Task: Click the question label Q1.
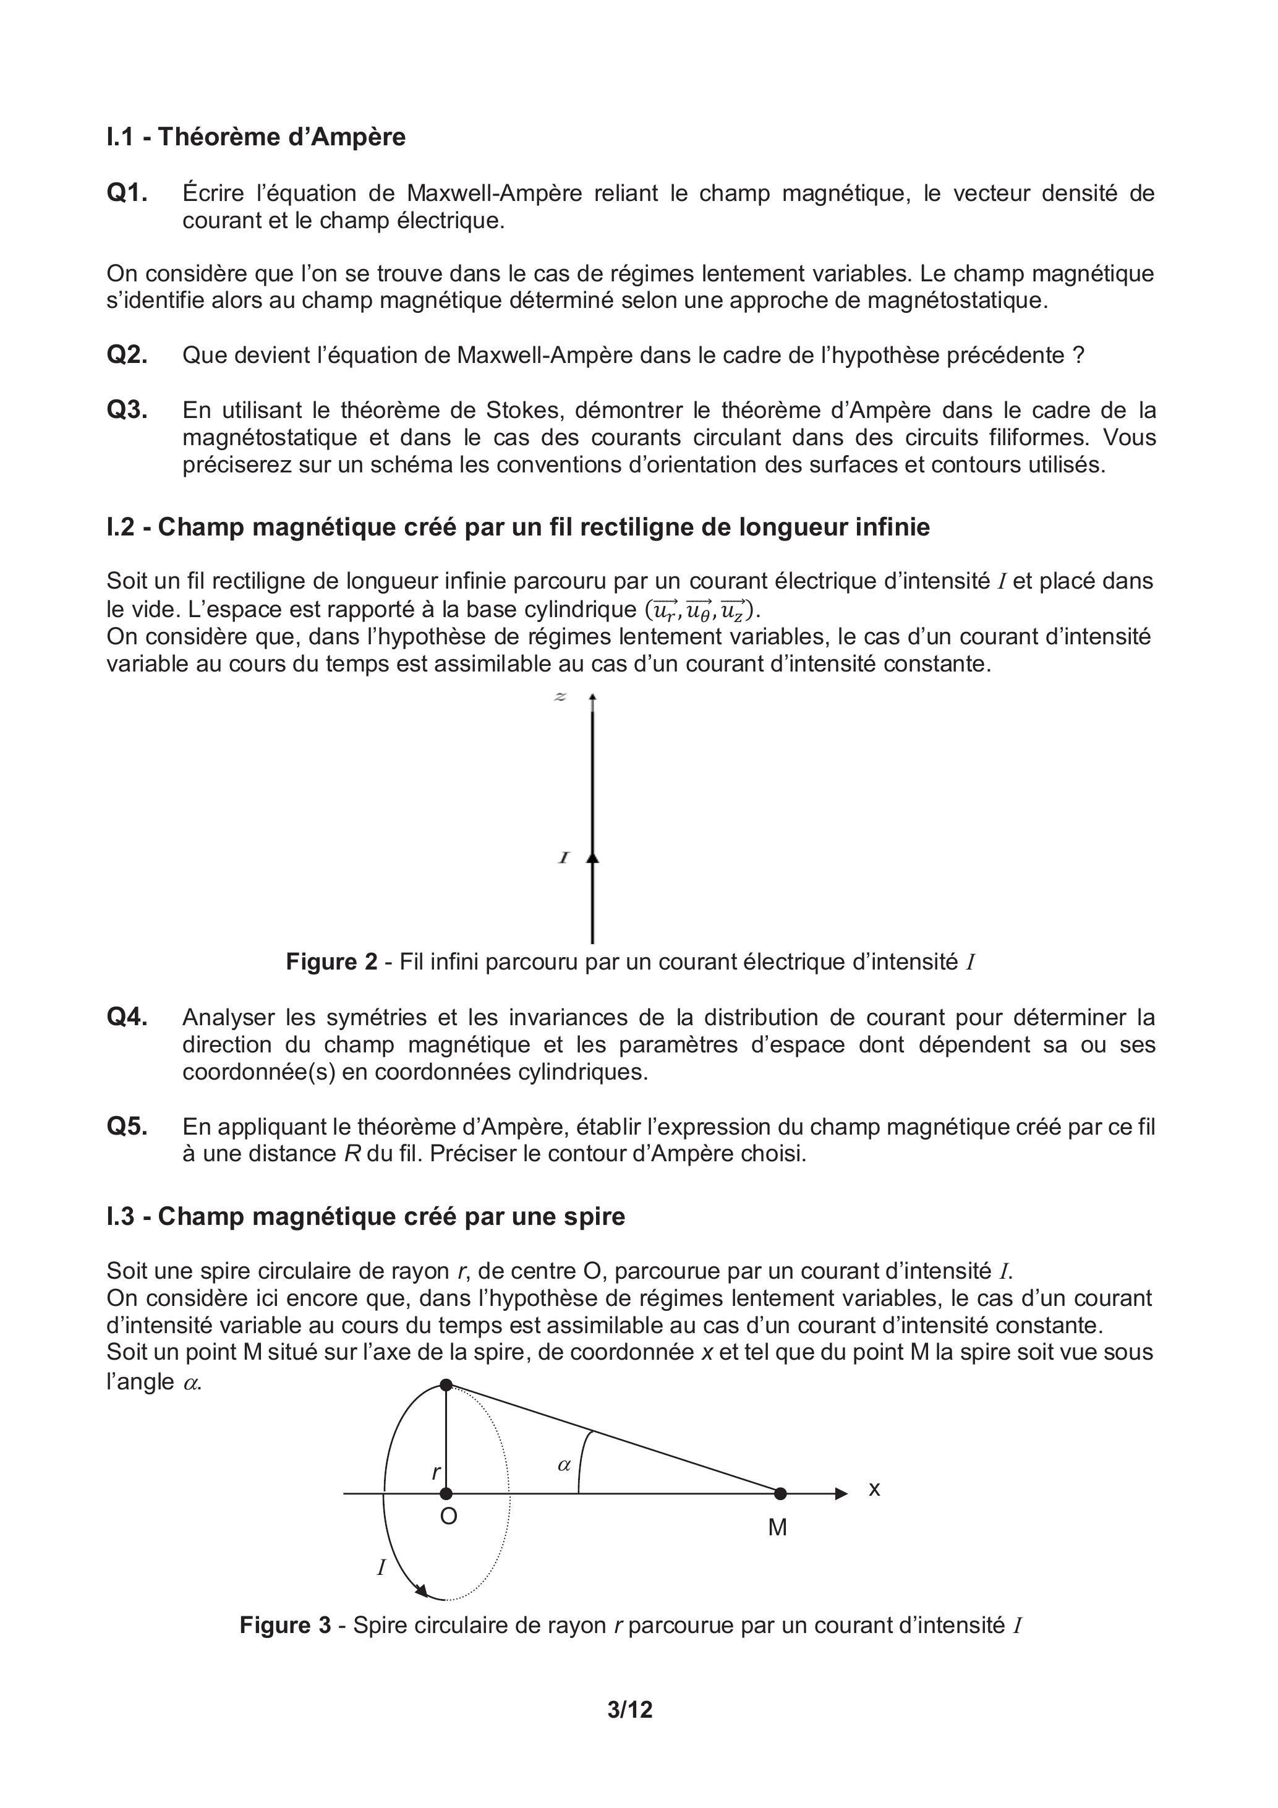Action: click(x=127, y=193)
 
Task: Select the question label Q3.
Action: click(x=127, y=411)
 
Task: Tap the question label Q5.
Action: click(x=127, y=1127)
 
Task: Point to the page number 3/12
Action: click(x=630, y=1710)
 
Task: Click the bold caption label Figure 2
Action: click(x=331, y=962)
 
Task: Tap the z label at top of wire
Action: click(x=561, y=697)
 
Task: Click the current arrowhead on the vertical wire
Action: click(x=593, y=858)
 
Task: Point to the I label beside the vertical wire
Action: click(x=564, y=858)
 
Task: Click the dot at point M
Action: click(x=780, y=1493)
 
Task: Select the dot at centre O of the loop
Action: click(x=446, y=1493)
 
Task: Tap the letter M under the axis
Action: click(x=777, y=1528)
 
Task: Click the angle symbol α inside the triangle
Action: click(x=564, y=1465)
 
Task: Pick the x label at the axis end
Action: click(x=874, y=1489)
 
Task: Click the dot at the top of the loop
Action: click(x=446, y=1384)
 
